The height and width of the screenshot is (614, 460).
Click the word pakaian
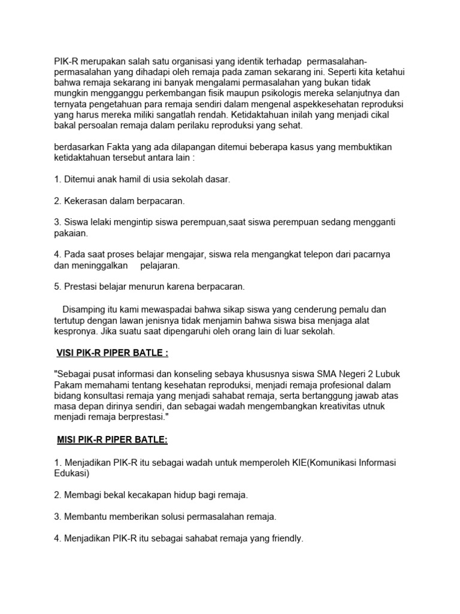pyautogui.click(x=71, y=233)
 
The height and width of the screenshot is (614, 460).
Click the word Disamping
pyautogui.click(x=85, y=309)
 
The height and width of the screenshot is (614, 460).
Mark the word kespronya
pyautogui.click(x=75, y=331)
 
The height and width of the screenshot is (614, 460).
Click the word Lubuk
pyautogui.click(x=389, y=375)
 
